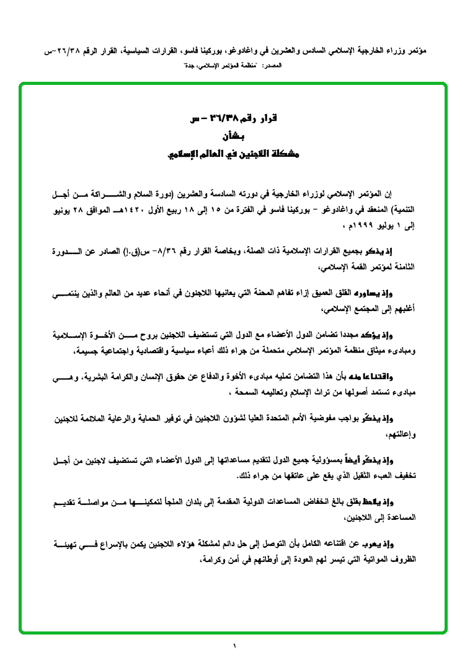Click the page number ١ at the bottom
(x=235, y=647)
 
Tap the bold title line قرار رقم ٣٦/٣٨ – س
(x=233, y=118)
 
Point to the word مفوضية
(x=308, y=419)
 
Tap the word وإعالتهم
(x=398, y=434)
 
